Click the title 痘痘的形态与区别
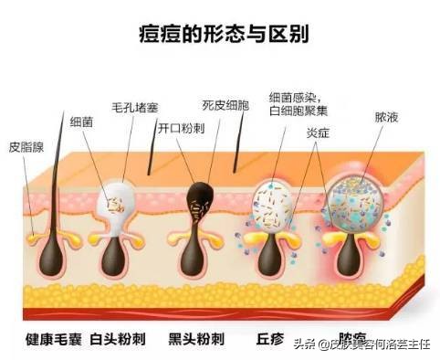(x=219, y=36)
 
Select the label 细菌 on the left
(x=80, y=120)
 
